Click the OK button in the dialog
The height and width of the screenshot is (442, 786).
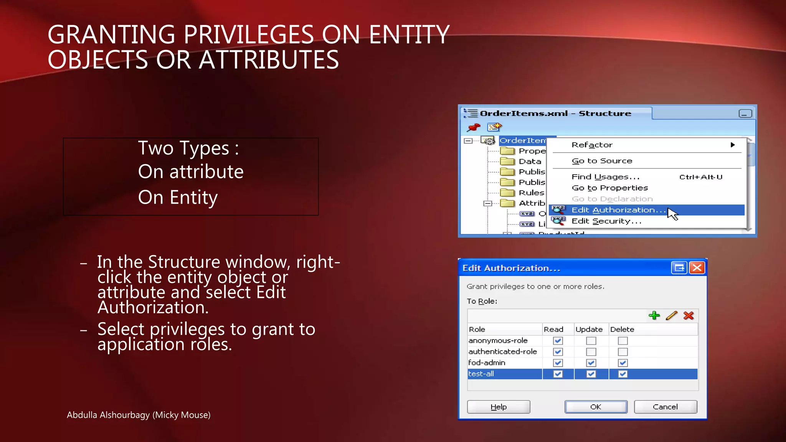(x=596, y=407)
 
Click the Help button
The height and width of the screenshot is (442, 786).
(x=499, y=407)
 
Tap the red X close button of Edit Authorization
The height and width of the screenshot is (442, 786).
(x=697, y=268)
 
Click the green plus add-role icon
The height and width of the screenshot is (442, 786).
(x=654, y=316)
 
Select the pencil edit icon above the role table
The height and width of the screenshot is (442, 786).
(x=672, y=316)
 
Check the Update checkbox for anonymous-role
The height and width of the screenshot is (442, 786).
(x=591, y=341)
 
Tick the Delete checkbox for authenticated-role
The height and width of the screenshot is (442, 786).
(x=623, y=352)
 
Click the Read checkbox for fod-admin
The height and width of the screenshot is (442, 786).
(x=558, y=363)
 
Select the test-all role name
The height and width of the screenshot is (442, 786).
(x=481, y=374)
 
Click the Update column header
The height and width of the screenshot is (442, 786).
(x=589, y=329)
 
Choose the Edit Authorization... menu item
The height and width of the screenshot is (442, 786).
(x=618, y=210)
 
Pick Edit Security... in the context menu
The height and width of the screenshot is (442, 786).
(x=606, y=221)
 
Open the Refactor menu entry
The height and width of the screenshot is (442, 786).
(x=592, y=145)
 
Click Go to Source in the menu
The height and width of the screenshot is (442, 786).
(x=602, y=161)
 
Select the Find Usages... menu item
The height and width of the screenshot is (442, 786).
(x=606, y=177)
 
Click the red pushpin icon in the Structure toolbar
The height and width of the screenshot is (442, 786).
(x=474, y=127)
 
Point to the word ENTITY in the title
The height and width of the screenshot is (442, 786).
(x=409, y=35)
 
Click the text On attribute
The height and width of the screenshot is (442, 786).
(x=191, y=172)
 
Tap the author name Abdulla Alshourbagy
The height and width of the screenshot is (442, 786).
(x=109, y=415)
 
